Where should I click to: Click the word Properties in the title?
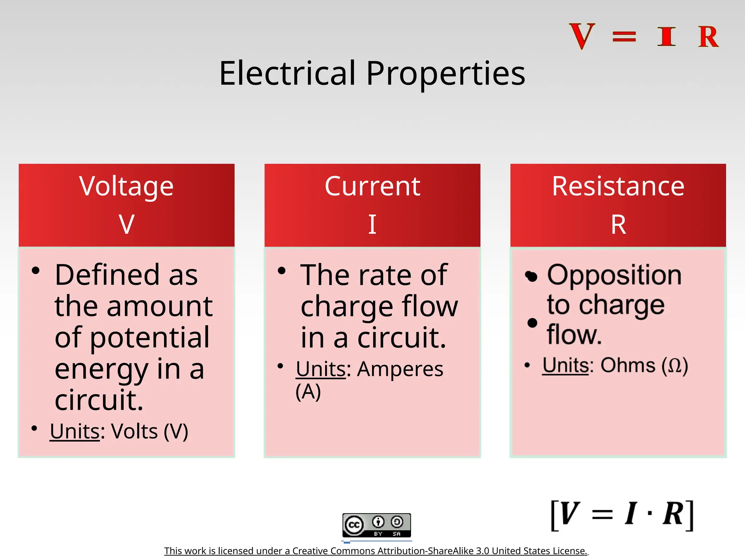click(x=446, y=74)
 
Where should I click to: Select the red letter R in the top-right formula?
click(x=708, y=37)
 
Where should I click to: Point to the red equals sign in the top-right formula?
click(x=624, y=37)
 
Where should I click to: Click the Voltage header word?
click(x=126, y=187)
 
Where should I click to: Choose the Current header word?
click(x=372, y=186)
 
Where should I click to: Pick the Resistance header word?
click(x=618, y=186)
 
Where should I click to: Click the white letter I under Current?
click(x=372, y=224)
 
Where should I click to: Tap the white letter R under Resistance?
click(x=618, y=225)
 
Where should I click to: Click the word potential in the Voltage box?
click(x=150, y=338)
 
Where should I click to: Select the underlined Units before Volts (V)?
click(x=75, y=431)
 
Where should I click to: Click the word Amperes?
click(x=400, y=369)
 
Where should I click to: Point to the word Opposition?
click(x=614, y=275)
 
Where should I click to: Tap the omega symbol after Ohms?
click(x=675, y=366)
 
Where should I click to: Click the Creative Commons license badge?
click(x=377, y=525)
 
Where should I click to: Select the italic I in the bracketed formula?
click(x=631, y=514)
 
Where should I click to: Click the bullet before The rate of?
click(x=281, y=271)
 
